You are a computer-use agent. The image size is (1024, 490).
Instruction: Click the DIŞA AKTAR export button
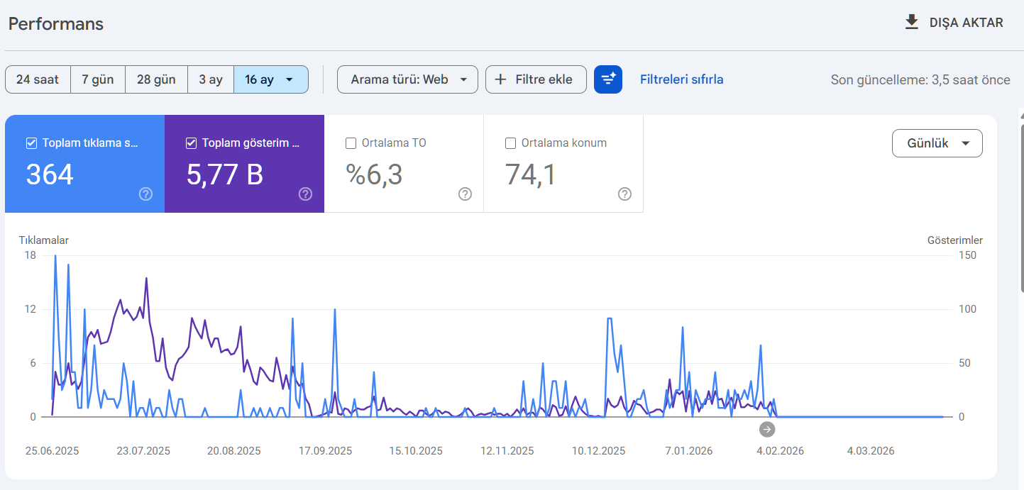(x=954, y=23)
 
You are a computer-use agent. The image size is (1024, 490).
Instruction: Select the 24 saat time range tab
(x=38, y=79)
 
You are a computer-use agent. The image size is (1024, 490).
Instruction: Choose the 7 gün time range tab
(x=98, y=79)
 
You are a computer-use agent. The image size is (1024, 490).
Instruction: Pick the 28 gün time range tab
(x=156, y=79)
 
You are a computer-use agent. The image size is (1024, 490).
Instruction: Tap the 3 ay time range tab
(x=211, y=79)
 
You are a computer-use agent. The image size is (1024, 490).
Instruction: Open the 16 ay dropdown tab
(x=271, y=79)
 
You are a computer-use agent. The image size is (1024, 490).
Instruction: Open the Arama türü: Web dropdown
(x=408, y=79)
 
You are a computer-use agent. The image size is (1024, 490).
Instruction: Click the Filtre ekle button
(x=536, y=79)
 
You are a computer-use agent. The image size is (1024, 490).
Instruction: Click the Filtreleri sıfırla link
(x=681, y=79)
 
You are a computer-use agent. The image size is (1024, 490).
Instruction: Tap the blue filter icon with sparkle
(x=608, y=79)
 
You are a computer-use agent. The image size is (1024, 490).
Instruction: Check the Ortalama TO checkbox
(x=351, y=143)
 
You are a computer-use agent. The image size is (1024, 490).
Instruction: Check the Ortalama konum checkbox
(x=510, y=143)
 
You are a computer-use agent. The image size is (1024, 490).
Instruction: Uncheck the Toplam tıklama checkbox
(x=31, y=143)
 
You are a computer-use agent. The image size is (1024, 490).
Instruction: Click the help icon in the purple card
(x=305, y=194)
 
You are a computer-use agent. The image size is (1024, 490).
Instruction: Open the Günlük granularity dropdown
(x=937, y=143)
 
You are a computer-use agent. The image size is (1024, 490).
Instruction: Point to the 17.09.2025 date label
(x=326, y=451)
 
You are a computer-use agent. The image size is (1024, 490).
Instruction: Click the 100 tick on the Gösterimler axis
(x=967, y=309)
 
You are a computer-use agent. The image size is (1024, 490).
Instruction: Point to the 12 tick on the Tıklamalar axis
(x=31, y=309)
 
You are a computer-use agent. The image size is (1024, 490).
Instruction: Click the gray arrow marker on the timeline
(x=767, y=429)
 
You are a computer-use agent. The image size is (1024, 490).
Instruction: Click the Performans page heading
(x=56, y=23)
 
